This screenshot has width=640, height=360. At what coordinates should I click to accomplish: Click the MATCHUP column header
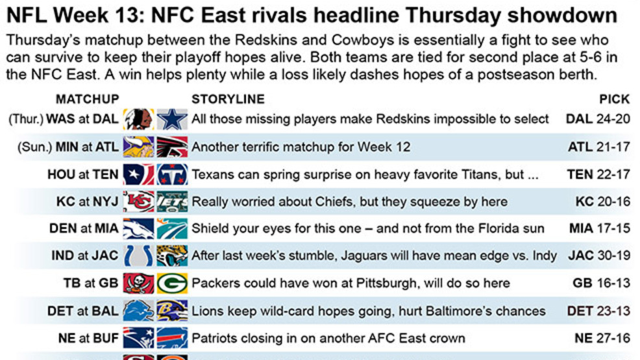(88, 99)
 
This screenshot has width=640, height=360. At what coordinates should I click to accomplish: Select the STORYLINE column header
(228, 99)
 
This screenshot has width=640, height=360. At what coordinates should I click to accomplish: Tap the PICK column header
(614, 99)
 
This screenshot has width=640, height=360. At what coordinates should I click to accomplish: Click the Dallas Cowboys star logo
(172, 119)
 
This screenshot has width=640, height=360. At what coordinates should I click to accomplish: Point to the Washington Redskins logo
(139, 119)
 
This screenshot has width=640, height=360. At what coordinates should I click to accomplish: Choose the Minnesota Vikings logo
(139, 147)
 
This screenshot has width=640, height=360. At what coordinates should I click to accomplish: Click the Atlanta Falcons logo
(172, 147)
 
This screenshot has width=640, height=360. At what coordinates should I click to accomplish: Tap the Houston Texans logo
(139, 174)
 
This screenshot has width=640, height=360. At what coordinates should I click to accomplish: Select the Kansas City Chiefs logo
(139, 201)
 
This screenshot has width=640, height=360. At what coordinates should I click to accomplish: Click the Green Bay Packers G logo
(172, 283)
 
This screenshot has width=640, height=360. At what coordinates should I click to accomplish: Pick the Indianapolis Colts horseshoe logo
(139, 256)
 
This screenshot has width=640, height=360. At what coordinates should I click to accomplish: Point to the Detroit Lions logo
(139, 311)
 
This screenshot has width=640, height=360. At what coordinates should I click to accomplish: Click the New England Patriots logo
(139, 338)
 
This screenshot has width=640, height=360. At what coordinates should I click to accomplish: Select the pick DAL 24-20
(598, 119)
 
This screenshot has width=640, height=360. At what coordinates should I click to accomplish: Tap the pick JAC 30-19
(599, 256)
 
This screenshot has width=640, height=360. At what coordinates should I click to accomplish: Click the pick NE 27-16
(602, 338)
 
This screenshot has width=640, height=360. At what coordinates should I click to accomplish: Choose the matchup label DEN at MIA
(84, 228)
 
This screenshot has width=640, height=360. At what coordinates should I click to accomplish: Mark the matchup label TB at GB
(91, 283)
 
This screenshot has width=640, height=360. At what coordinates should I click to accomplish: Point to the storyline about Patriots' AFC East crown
(328, 339)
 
